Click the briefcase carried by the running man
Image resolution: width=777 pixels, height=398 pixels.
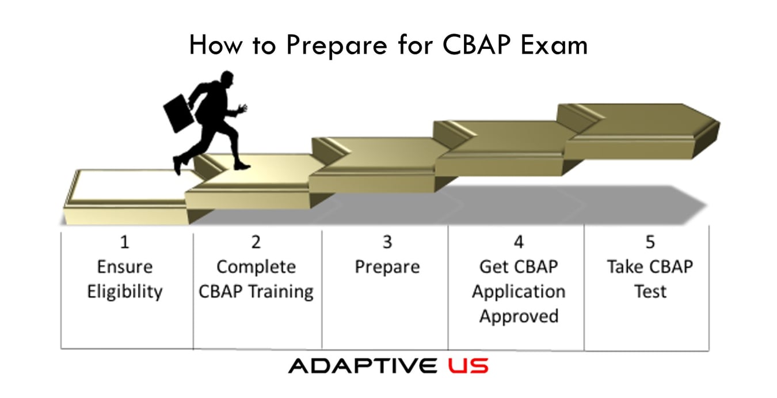[x=180, y=113]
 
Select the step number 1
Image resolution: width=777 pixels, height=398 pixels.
[x=124, y=242]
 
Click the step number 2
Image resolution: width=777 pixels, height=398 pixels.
[x=256, y=242]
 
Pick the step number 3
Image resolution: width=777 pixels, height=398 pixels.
[x=387, y=242]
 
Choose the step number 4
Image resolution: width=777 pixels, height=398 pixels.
[x=518, y=242]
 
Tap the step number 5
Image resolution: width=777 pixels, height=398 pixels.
[x=650, y=242]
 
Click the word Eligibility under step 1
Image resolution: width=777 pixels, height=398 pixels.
[x=125, y=291]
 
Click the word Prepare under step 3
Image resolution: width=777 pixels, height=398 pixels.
[x=387, y=267]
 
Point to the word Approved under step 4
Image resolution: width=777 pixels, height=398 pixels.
[x=519, y=316]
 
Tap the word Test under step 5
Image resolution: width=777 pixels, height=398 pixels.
[x=650, y=291]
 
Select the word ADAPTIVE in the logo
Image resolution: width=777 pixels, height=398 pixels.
[x=363, y=366]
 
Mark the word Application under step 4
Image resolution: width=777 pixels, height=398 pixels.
[x=519, y=291]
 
